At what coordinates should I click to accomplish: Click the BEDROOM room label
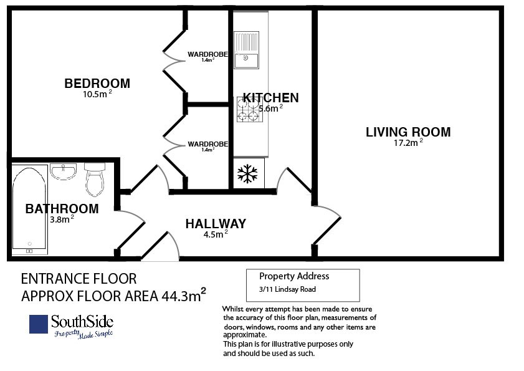tap(97, 84)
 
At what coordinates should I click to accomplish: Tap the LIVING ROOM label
tap(408, 132)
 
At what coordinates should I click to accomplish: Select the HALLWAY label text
tap(216, 224)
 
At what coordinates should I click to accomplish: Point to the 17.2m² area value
tap(408, 143)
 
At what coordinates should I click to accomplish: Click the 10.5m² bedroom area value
tap(97, 94)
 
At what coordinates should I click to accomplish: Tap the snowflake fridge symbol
tap(247, 173)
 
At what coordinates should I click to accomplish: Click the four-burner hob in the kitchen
tap(250, 109)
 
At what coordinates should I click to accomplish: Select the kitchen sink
tap(246, 50)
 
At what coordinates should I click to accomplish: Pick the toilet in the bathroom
tap(95, 180)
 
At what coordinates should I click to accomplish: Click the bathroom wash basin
tap(64, 171)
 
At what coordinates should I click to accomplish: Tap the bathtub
tap(29, 210)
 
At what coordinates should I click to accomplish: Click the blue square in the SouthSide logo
tap(39, 324)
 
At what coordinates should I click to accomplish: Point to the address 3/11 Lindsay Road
tap(287, 289)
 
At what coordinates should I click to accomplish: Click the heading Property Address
tap(294, 276)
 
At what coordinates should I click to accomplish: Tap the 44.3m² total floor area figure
tap(183, 295)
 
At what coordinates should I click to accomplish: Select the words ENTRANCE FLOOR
tap(79, 279)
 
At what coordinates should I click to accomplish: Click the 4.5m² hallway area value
tap(216, 234)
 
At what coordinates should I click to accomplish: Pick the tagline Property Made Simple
tap(83, 334)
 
